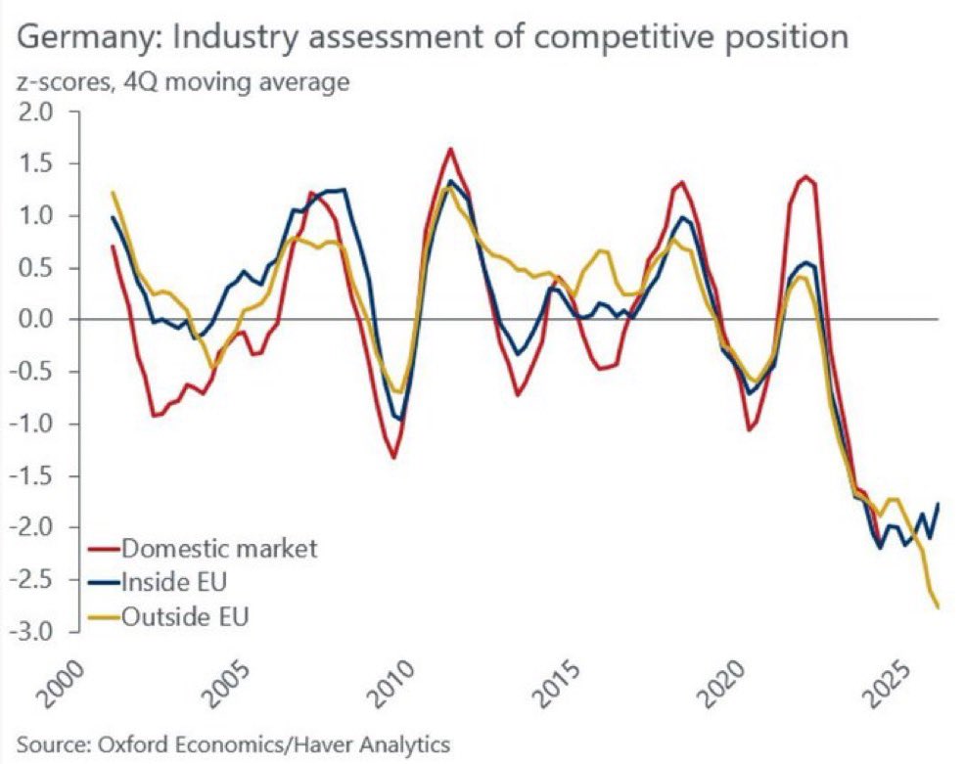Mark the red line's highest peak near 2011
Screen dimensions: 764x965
(450, 149)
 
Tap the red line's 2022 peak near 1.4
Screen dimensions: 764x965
(805, 176)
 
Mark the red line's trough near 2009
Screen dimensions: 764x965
(393, 458)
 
